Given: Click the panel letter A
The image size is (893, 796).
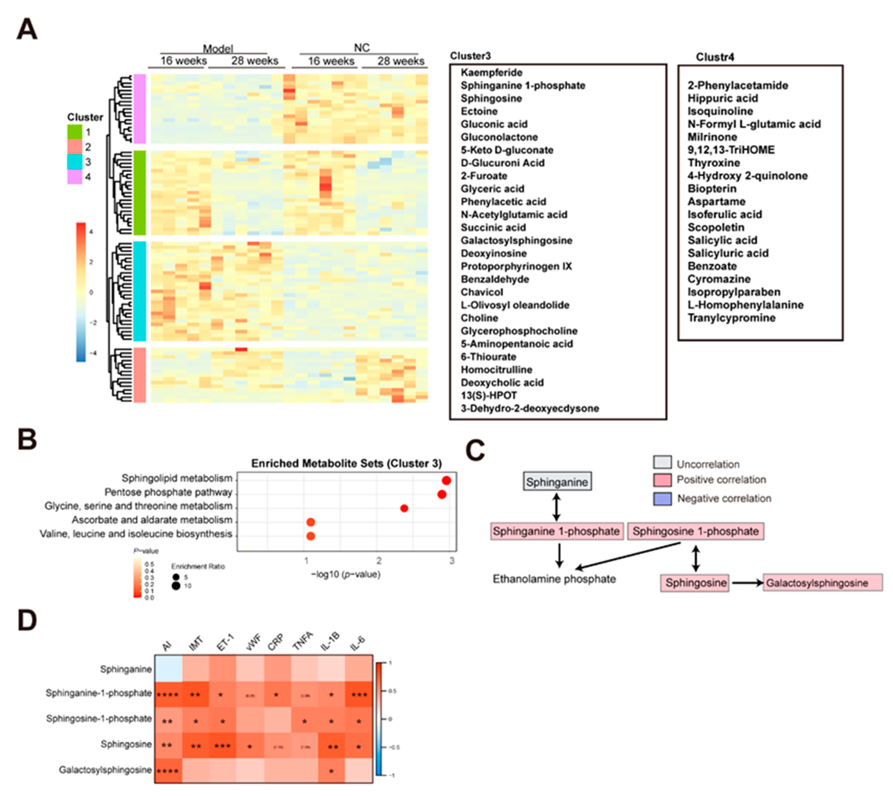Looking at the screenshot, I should tap(27, 29).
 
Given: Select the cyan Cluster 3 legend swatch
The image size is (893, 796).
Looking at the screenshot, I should tap(74, 162).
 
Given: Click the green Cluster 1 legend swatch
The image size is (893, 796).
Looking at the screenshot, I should tap(74, 132).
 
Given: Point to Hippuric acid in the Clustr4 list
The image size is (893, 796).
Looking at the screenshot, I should tap(722, 98).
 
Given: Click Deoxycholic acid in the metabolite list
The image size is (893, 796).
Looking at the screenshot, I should tap(502, 383).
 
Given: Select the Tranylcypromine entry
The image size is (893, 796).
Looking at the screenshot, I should tap(731, 318).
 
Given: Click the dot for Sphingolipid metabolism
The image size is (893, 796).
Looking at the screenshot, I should tap(446, 481).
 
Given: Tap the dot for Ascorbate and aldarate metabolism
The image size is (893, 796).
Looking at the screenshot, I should tap(311, 522).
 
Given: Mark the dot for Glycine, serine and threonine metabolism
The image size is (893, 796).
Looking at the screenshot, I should tap(404, 508).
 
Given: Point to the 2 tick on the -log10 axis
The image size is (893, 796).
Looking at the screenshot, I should tap(379, 561).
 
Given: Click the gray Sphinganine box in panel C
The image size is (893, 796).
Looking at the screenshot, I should tap(557, 482).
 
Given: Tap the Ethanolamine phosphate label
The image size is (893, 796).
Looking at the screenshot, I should tap(554, 579).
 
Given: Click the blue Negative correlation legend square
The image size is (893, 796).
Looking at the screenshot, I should tap(662, 499).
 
